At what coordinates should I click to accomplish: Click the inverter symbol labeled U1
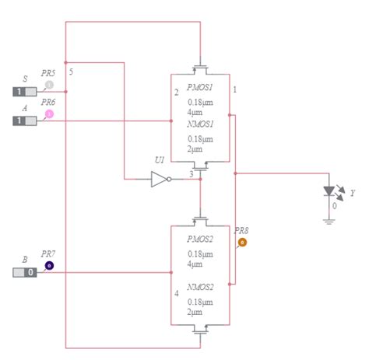[160, 180]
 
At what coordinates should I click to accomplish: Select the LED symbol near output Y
[330, 191]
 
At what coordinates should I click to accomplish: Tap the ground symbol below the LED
[330, 220]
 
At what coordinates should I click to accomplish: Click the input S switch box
[24, 91]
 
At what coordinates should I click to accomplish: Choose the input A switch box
[24, 121]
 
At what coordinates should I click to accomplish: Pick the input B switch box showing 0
[24, 272]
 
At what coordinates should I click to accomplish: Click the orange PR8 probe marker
[241, 243]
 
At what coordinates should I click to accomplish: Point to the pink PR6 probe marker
[49, 114]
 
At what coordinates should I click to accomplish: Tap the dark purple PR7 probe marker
[49, 266]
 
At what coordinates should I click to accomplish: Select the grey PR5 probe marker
[49, 85]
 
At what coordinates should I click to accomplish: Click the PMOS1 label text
[200, 87]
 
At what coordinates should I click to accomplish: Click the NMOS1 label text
[200, 124]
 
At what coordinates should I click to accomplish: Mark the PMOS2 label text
[200, 239]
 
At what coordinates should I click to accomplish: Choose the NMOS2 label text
[200, 287]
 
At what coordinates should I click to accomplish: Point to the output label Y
[353, 192]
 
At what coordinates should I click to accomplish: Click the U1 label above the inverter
[160, 160]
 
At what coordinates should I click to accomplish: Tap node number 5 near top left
[71, 72]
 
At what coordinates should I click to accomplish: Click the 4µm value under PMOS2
[200, 264]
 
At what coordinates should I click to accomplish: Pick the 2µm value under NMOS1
[200, 149]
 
